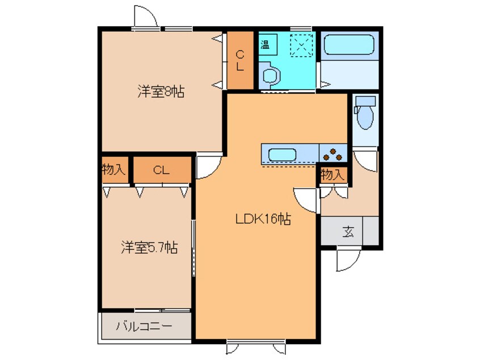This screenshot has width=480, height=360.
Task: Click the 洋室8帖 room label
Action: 161,91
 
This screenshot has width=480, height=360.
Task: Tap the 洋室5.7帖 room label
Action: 149,248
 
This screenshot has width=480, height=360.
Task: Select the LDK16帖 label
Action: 263,219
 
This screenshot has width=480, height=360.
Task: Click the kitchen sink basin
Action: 281,154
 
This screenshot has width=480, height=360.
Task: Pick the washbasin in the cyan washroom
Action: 271,76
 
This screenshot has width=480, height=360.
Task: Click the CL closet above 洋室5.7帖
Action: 162,170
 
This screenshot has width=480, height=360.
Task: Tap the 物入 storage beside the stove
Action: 332,175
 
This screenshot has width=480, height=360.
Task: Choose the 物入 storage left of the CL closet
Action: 114,170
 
